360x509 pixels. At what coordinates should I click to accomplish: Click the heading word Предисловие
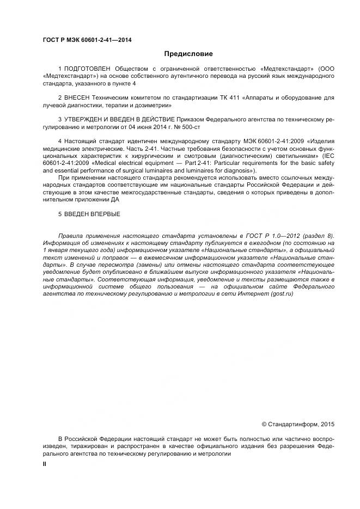click(x=188, y=54)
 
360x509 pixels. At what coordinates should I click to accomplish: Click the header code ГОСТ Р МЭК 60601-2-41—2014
click(x=87, y=40)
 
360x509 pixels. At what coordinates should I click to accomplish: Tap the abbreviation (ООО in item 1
click(x=325, y=69)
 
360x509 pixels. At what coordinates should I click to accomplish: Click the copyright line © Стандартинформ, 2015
click(x=298, y=424)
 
